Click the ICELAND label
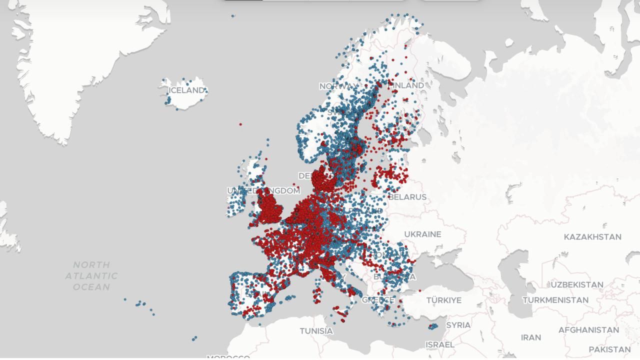pyautogui.click(x=186, y=90)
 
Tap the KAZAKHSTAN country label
pyautogui.click(x=592, y=236)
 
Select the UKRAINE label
pyautogui.click(x=422, y=234)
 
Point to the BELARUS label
pyautogui.click(x=407, y=197)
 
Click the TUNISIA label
pyautogui.click(x=316, y=331)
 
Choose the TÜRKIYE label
pyautogui.click(x=444, y=300)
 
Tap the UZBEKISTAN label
pyautogui.click(x=577, y=284)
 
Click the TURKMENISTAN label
pyautogui.click(x=555, y=300)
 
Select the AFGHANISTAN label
pyautogui.click(x=588, y=330)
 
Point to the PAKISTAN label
pyautogui.click(x=609, y=349)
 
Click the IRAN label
pyautogui.click(x=531, y=337)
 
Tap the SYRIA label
pyautogui.click(x=458, y=325)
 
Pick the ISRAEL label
pyautogui.click(x=440, y=344)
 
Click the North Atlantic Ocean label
pyautogui.click(x=91, y=275)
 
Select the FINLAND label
pyautogui.click(x=407, y=85)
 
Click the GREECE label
pyautogui.click(x=378, y=300)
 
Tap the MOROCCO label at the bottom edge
pyautogui.click(x=228, y=357)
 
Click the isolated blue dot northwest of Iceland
pyautogui.click(x=233, y=16)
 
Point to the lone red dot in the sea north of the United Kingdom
pyautogui.click(x=240, y=124)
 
